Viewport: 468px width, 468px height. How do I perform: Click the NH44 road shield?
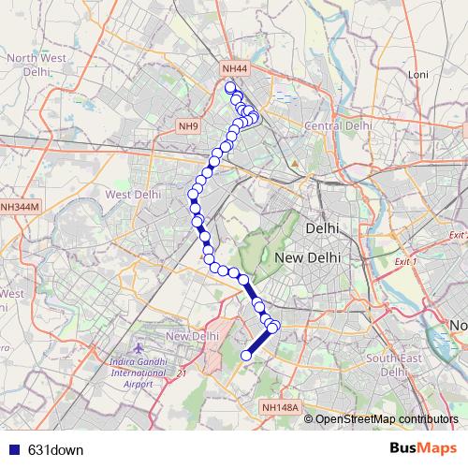pyautogui.click(x=234, y=69)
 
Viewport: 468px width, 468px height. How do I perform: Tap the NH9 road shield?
pyautogui.click(x=189, y=125)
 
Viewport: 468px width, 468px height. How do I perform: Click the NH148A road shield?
pyautogui.click(x=280, y=408)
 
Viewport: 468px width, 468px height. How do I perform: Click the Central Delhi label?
pyautogui.click(x=338, y=125)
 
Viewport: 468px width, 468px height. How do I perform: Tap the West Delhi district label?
pyautogui.click(x=132, y=195)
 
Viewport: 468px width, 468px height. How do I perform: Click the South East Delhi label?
pyautogui.click(x=394, y=364)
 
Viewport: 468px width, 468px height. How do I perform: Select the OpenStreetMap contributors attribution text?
pyautogui.click(x=385, y=418)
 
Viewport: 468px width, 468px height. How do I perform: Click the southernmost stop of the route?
pyautogui.click(x=247, y=355)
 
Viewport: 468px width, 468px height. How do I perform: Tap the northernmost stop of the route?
pyautogui.click(x=229, y=88)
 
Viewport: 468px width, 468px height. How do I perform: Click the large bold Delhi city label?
pyautogui.click(x=321, y=228)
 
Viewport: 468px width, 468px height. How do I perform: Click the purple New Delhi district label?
pyautogui.click(x=192, y=336)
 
